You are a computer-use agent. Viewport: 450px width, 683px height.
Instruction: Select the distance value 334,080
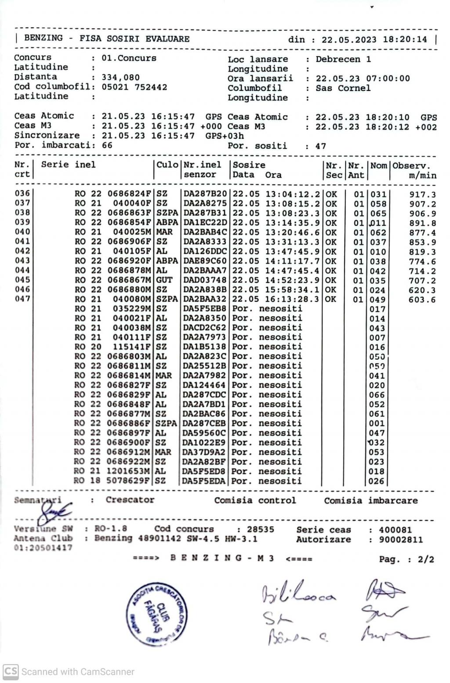coord(120,77)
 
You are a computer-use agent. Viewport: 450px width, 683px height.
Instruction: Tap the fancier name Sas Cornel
coord(343,88)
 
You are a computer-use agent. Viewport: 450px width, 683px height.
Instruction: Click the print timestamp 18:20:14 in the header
coord(405,40)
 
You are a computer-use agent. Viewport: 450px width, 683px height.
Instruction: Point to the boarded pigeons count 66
coord(107,145)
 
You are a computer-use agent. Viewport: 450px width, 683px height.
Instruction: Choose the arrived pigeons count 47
coord(320,146)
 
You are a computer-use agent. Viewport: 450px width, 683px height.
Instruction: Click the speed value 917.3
coord(422,195)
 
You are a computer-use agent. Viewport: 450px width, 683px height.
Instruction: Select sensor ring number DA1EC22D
coord(205,223)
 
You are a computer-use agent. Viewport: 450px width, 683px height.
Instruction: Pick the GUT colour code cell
coord(164,280)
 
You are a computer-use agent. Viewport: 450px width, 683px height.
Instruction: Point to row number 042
coord(22,251)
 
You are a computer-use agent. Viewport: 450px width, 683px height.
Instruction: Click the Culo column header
coord(167,165)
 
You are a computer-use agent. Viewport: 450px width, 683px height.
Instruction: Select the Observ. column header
coord(411,166)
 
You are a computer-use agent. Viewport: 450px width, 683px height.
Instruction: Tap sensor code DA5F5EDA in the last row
coord(204,481)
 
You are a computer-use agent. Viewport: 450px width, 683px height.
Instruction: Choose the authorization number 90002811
coord(401,540)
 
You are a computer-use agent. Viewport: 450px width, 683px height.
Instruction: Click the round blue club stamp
coord(157,614)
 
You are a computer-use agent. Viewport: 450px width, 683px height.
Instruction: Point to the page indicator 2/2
coord(425,560)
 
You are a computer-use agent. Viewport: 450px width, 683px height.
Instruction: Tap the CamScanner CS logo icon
coord(11,672)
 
